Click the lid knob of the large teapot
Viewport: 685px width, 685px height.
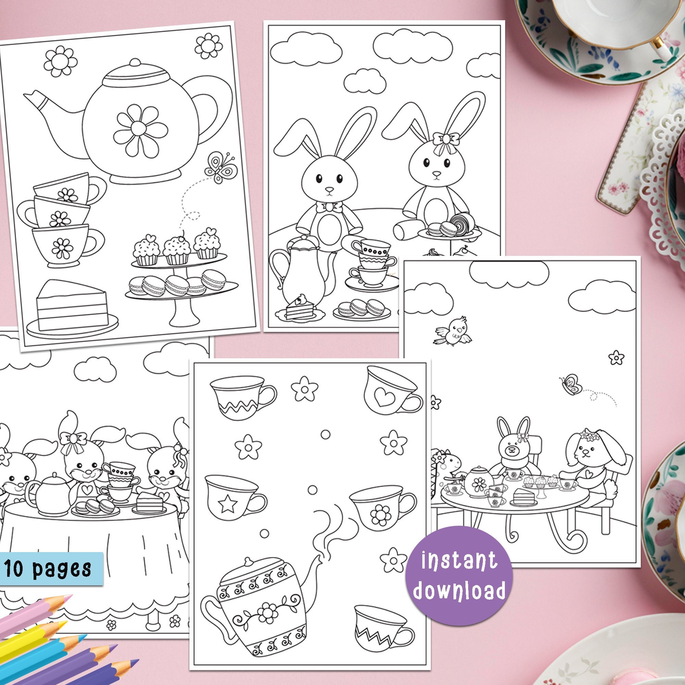tap(134, 63)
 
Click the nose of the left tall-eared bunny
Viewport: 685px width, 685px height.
tap(330, 190)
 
